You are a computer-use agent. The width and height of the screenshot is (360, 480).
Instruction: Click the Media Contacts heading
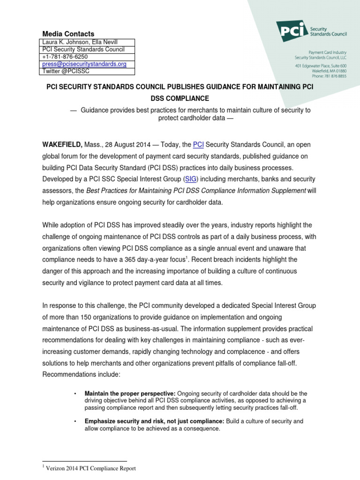coord(68,34)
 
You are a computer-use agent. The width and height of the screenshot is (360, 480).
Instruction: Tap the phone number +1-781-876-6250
coord(65,57)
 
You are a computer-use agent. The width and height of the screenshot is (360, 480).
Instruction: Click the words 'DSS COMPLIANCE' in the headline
coord(180,98)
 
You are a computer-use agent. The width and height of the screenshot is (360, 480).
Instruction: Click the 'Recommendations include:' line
coord(82,374)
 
